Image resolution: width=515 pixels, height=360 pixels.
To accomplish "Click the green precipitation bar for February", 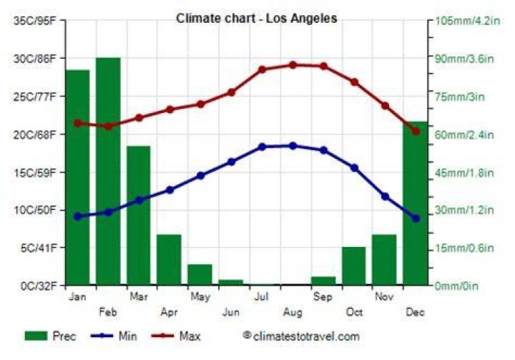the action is [x=108, y=171].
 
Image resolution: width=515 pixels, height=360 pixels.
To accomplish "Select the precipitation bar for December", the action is [x=416, y=203].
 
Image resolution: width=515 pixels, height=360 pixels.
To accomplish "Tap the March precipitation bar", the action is [x=139, y=215].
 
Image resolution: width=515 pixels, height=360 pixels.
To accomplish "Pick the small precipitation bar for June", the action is [x=231, y=282].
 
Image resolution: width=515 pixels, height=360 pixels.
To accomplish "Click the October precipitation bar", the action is [x=354, y=266].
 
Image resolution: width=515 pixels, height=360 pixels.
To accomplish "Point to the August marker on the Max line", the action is [x=293, y=65].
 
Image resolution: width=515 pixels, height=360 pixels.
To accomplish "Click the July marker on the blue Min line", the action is [x=262, y=147].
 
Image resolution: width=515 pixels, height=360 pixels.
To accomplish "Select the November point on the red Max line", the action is [x=385, y=106].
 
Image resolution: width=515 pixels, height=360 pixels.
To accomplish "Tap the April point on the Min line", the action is [x=170, y=190].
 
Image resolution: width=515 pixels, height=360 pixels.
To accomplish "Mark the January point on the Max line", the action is [x=78, y=123].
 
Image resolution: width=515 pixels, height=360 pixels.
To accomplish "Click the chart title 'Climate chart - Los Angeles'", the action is [x=257, y=18].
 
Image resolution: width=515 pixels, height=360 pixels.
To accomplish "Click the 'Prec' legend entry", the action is [x=50, y=336].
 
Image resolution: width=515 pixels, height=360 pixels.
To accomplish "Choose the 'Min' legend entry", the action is [x=114, y=336].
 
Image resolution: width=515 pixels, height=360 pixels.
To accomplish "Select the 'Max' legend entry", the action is [x=176, y=336].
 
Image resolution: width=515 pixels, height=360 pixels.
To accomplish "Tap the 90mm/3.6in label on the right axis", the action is [x=464, y=59].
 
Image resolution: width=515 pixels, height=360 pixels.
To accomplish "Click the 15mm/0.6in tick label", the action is [x=464, y=248].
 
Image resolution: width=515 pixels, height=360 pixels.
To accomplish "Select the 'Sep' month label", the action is [x=323, y=297].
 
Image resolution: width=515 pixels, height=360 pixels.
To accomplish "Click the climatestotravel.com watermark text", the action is [x=302, y=336].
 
